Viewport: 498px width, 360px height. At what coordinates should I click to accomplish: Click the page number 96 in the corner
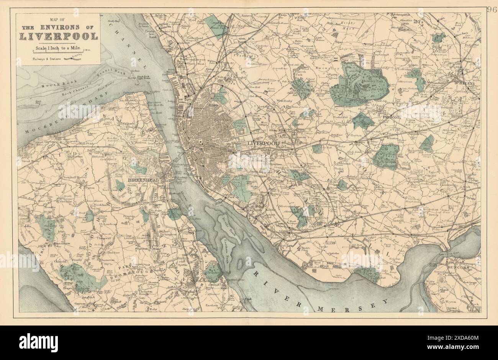coord(491,10)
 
